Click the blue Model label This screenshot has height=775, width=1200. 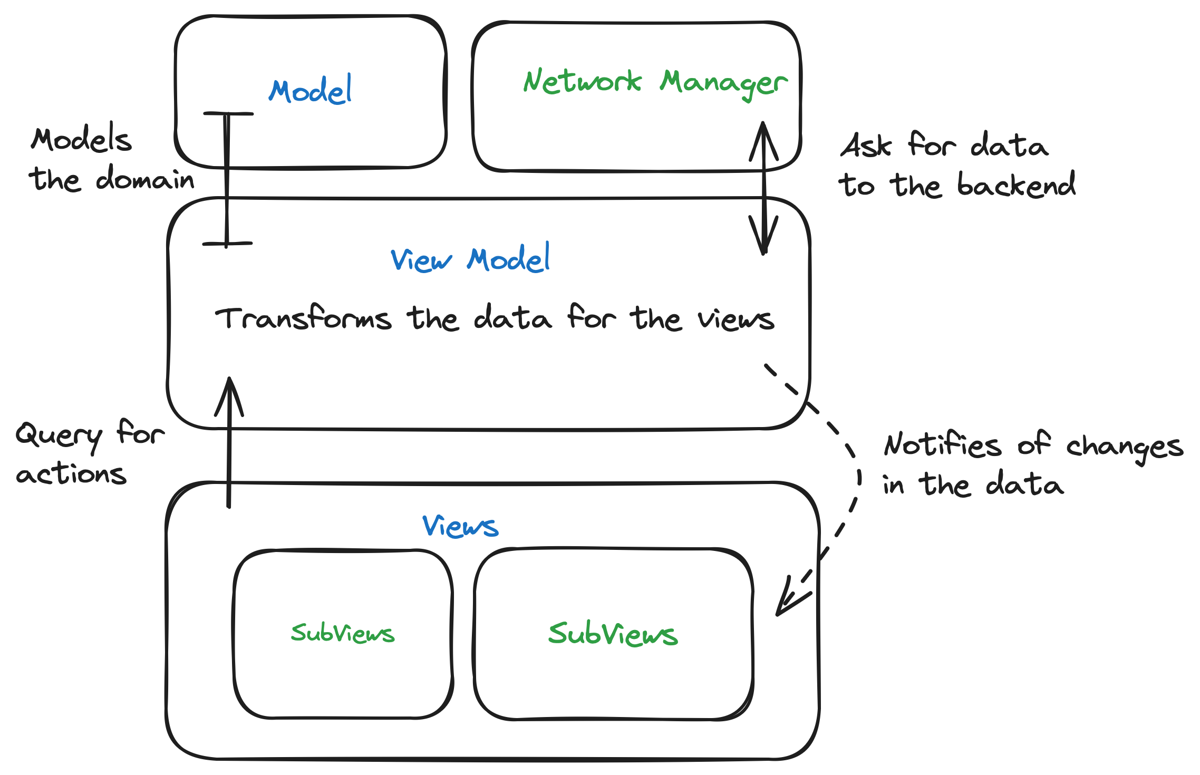(x=310, y=91)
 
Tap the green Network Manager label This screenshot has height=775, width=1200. (x=655, y=83)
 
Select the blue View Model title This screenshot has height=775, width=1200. (x=470, y=259)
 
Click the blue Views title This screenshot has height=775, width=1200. (x=460, y=526)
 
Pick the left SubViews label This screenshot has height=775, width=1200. (x=343, y=633)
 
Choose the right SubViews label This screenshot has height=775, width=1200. (x=613, y=634)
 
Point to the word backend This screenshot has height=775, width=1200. (x=1016, y=185)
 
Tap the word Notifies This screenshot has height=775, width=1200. (x=943, y=444)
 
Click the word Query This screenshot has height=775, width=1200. (x=58, y=436)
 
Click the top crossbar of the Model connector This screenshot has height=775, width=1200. (x=228, y=113)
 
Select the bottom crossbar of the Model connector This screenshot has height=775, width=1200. (x=227, y=244)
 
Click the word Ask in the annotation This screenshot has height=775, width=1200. (x=866, y=146)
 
